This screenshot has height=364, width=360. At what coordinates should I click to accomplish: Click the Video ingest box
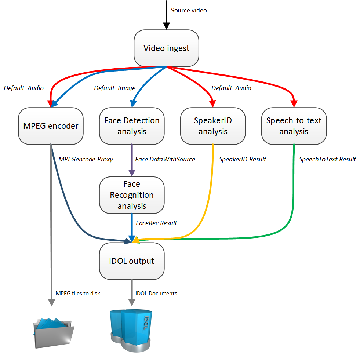[x=166, y=48]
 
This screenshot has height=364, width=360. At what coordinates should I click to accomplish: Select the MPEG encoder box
[x=51, y=126]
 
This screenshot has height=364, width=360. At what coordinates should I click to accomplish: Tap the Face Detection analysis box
[x=132, y=126]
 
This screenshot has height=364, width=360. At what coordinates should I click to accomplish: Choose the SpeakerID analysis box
[x=213, y=126]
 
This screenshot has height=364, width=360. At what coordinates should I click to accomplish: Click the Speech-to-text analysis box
[x=294, y=126]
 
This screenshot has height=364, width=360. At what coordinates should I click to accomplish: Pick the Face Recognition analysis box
[x=132, y=195]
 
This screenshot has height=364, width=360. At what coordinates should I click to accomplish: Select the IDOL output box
[x=132, y=261]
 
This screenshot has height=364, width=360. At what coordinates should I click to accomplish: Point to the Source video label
[x=189, y=10]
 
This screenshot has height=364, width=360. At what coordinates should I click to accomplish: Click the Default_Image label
[x=114, y=88]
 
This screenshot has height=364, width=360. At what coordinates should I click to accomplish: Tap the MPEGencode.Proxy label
[x=86, y=159]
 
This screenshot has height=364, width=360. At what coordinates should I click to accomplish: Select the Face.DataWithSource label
[x=165, y=159]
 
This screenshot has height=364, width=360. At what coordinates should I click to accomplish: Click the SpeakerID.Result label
[x=242, y=159]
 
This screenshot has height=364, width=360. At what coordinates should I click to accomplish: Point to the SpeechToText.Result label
[x=327, y=159]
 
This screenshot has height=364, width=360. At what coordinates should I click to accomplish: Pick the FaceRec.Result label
[x=156, y=223]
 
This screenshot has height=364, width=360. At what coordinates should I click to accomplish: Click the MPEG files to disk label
[x=77, y=293]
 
